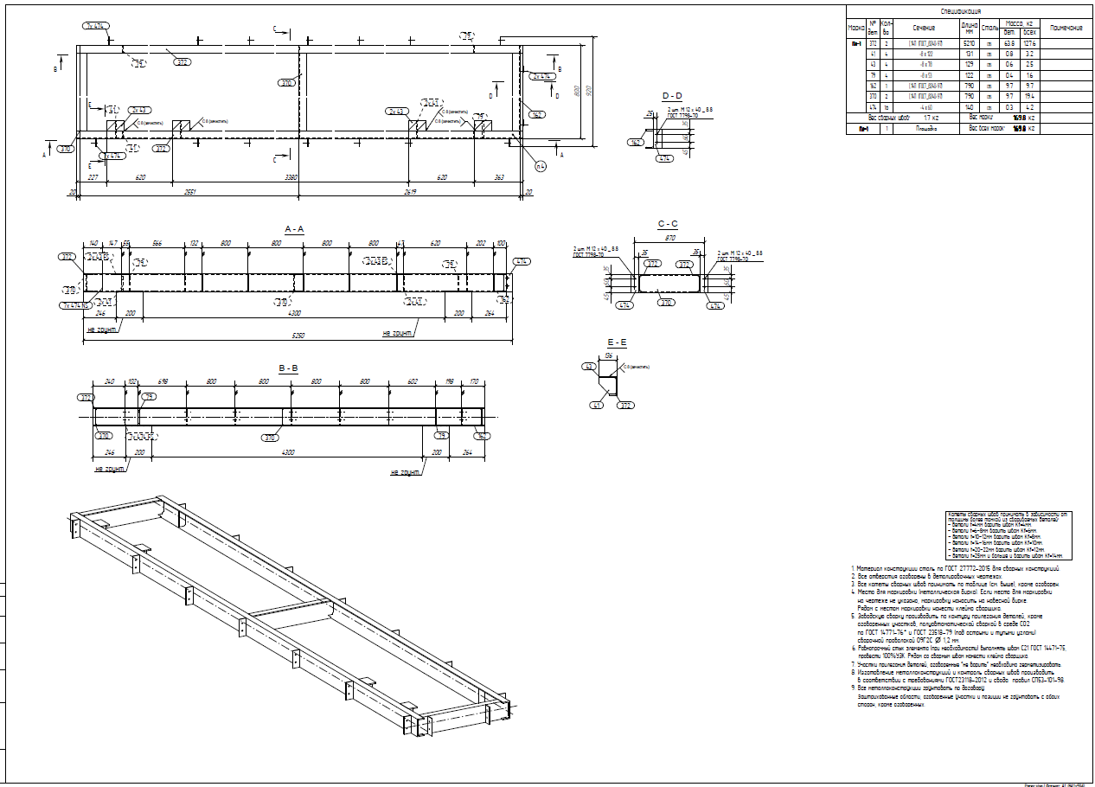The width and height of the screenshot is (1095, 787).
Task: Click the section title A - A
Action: point(294,228)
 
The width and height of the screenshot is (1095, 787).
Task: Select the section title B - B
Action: point(288,368)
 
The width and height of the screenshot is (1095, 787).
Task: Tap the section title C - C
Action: point(667,224)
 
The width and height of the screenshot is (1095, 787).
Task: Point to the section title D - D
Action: point(671,95)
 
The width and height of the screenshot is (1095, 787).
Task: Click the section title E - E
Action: point(618,342)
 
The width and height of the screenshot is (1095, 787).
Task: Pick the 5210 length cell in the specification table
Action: point(969,42)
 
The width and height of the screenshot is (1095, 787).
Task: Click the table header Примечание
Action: point(1066,28)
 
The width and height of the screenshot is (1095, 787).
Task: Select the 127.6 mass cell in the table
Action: point(1029,42)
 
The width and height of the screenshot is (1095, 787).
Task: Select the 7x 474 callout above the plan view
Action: point(95,27)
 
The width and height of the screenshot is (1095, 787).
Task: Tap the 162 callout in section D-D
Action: point(637,143)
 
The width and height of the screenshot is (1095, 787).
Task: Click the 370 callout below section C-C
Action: point(667,303)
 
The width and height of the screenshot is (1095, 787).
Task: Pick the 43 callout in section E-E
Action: point(587,367)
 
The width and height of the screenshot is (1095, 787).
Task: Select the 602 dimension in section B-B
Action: point(413,381)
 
